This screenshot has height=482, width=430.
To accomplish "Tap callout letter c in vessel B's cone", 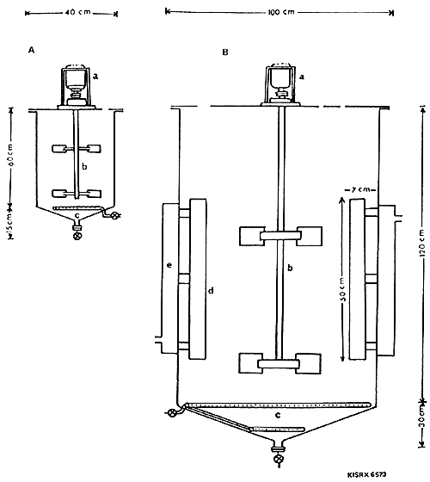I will click(278, 416).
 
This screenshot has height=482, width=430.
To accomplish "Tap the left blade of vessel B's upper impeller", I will click(251, 234).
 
